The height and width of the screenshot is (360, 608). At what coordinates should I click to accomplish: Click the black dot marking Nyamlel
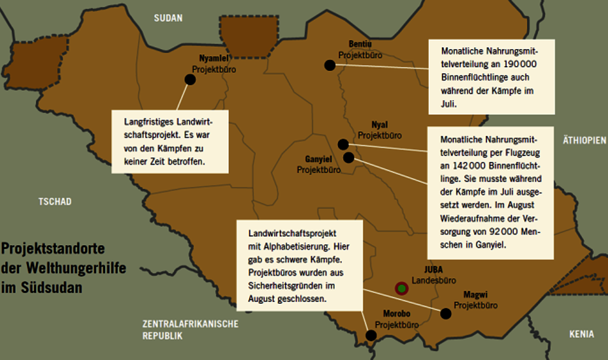(190, 79)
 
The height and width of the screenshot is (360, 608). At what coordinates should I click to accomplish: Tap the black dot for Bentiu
(330, 65)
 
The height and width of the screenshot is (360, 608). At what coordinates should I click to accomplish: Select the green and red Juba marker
(401, 288)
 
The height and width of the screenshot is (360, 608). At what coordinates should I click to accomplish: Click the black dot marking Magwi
(446, 314)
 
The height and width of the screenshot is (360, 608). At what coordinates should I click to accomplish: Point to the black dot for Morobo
(371, 335)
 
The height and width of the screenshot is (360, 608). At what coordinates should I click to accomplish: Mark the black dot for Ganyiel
(348, 157)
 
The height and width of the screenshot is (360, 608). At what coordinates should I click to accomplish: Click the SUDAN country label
(168, 18)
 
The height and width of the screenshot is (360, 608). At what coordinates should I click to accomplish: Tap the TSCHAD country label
(55, 201)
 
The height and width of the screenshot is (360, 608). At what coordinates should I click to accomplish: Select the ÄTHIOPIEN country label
(584, 140)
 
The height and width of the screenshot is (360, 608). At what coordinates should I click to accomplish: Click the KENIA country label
(581, 334)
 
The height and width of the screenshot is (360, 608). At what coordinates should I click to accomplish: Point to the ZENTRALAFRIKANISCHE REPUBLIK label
(190, 330)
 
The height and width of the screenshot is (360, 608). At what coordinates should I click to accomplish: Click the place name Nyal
(379, 125)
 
